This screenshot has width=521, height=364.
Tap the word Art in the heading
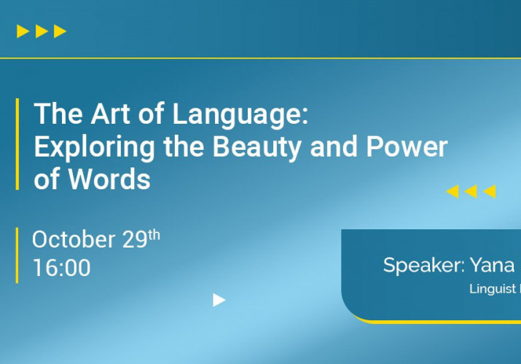110,114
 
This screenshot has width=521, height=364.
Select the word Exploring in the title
94,148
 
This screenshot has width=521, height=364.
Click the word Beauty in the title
256,148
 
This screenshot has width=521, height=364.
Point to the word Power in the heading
407,146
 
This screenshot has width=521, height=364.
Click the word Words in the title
109,179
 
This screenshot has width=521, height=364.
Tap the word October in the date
74,239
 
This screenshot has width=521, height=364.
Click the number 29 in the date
135,240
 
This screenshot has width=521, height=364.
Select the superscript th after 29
154,235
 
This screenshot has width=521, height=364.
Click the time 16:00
62,267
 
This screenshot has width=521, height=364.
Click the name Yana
492,265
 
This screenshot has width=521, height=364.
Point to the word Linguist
493,289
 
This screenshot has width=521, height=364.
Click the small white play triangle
219,300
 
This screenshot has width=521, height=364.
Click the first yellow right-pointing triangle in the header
23,31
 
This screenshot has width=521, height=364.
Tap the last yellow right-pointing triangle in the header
60,31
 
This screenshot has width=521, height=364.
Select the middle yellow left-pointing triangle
471,191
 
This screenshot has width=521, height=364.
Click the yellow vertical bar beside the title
17,144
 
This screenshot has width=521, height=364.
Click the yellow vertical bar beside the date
17,256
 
